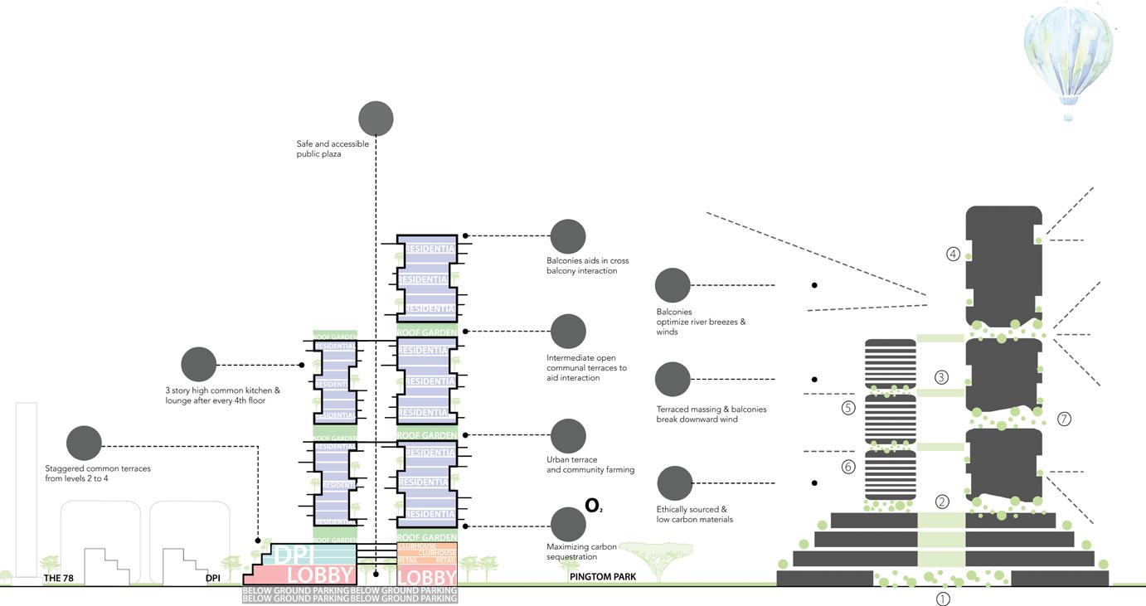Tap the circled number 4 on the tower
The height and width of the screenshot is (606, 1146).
(954, 255)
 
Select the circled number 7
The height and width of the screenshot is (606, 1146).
(1064, 419)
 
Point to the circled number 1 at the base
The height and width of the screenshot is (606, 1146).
(942, 599)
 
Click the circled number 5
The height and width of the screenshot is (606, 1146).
(847, 408)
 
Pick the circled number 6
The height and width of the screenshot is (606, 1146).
(847, 467)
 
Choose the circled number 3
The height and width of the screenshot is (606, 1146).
(941, 377)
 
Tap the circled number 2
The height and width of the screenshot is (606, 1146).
(942, 501)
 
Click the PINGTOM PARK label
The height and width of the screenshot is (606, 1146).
(603, 576)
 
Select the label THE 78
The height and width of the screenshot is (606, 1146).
(65, 578)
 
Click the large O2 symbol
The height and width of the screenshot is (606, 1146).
(594, 506)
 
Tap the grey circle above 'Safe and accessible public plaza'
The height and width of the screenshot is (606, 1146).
(376, 119)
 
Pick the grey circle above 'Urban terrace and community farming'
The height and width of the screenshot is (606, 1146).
(568, 436)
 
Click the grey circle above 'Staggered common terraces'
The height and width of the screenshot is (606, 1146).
(84, 443)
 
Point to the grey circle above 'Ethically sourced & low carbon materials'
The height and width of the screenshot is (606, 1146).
(674, 483)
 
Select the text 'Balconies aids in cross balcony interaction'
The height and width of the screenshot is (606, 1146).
(581, 266)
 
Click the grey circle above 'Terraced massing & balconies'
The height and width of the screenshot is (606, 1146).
(673, 380)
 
